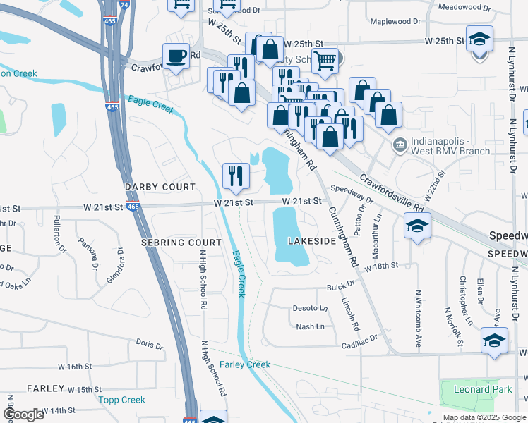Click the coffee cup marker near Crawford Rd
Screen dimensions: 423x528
point(175,55)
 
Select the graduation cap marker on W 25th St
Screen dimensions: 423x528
point(480,39)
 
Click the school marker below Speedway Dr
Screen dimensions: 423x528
point(417,226)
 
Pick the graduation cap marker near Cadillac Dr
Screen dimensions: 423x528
point(494,340)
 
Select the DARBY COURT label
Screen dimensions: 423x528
point(160,187)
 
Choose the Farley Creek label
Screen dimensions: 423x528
point(244,364)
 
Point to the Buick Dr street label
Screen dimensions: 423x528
point(339,287)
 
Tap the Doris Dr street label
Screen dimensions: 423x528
point(149,345)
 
